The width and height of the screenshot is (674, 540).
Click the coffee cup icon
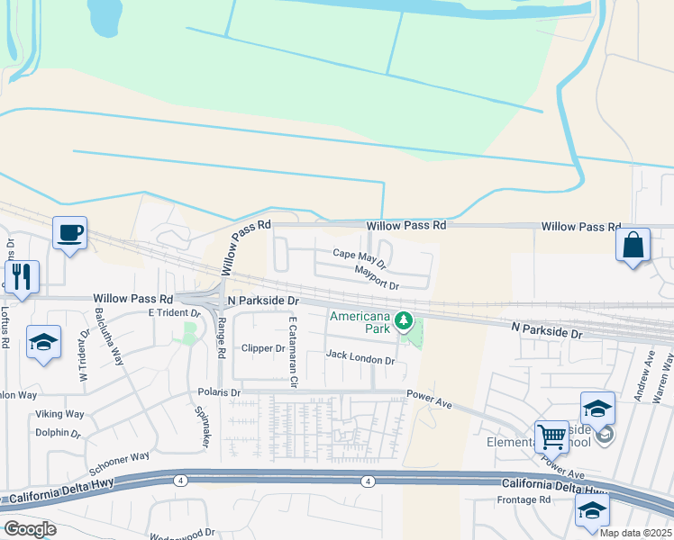pos(69,234)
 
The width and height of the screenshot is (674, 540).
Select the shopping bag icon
pos(633,245)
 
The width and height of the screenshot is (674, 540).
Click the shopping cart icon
pos(551,437)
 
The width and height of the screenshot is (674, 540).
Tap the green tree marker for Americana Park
pos(405,319)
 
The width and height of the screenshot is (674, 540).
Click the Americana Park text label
pos(360,321)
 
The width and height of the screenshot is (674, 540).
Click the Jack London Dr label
pos(360,359)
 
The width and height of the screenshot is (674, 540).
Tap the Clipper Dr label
pos(263,348)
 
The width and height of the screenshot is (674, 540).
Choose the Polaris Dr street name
pos(220,393)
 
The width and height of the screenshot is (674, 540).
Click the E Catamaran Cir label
pos(292,346)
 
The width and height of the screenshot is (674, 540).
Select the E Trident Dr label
pos(173,312)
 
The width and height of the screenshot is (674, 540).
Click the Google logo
pos(30,529)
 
